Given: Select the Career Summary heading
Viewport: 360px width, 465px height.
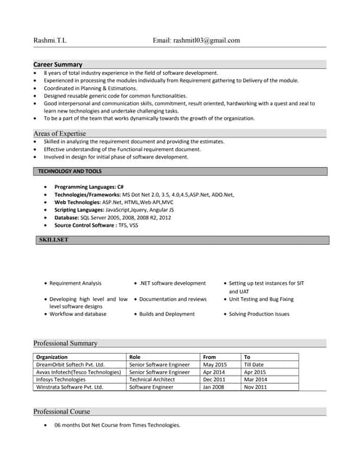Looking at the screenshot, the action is coord(58,65).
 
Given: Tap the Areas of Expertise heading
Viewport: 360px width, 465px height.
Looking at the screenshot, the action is coord(60,134).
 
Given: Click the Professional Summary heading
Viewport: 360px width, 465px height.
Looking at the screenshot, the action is coord(65,343).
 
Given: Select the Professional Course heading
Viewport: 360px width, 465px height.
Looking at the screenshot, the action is coord(63,412).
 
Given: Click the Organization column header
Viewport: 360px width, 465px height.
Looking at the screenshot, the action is coord(52,357).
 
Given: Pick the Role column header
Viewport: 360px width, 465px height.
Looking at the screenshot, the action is coord(135,357).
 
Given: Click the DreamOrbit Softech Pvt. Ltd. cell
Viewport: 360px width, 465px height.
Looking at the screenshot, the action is coord(71,365).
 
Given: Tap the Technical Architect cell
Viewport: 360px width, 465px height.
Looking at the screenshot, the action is coord(152,379).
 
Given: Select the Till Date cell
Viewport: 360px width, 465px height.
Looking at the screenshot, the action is coord(254,365).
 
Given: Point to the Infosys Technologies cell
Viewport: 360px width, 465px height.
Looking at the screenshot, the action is coord(61,379).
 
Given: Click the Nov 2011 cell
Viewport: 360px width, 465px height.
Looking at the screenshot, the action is coord(255,387).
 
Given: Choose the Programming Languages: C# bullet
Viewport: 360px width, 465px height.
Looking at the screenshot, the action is coord(89,187).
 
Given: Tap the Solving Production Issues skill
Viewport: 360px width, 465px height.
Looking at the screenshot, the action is coord(259,314).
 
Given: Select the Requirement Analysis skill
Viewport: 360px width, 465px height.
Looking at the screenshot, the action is coord(76,283).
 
